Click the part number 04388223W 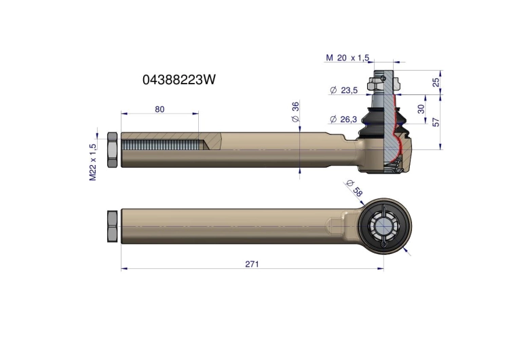click(x=179, y=79)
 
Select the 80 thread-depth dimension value click(x=159, y=109)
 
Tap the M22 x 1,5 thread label click(x=93, y=162)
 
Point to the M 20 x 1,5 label click(x=347, y=58)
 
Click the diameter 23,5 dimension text click(x=343, y=90)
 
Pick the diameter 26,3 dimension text click(x=343, y=120)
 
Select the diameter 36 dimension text click(x=295, y=112)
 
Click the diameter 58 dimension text click(x=354, y=188)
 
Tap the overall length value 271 click(x=252, y=264)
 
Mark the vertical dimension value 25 click(x=436, y=82)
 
